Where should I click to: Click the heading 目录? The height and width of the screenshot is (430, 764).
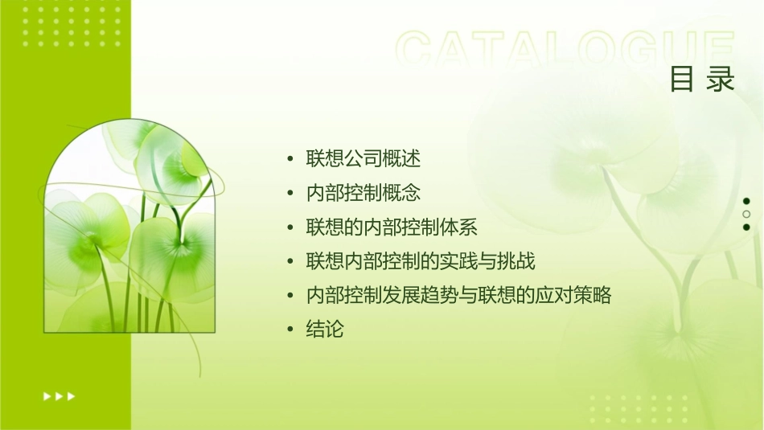(x=702, y=79)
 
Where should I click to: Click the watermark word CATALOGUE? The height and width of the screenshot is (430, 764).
(x=565, y=50)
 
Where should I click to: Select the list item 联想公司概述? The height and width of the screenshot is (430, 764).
(x=363, y=158)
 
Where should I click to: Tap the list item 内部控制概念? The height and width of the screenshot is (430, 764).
(x=363, y=193)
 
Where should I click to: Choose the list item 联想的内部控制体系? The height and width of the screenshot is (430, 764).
(x=392, y=227)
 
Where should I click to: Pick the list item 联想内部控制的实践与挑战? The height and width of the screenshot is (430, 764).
(x=421, y=261)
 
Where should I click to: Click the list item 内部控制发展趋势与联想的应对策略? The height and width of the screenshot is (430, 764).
(x=458, y=296)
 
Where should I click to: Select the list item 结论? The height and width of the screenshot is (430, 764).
(x=325, y=330)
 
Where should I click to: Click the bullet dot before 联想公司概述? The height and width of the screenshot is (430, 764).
(x=290, y=159)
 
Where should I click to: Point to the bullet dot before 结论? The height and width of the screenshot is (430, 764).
(x=290, y=330)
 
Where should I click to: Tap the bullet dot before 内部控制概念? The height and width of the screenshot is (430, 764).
(x=290, y=194)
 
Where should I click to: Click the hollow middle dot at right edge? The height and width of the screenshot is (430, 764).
(x=746, y=215)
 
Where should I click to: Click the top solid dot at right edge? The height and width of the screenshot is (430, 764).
(x=746, y=201)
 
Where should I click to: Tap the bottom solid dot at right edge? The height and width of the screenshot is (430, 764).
(x=746, y=227)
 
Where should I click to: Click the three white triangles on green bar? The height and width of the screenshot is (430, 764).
(x=59, y=395)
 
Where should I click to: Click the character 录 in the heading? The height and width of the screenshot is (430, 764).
(x=721, y=79)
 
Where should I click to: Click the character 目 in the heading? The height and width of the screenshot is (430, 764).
(x=683, y=79)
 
